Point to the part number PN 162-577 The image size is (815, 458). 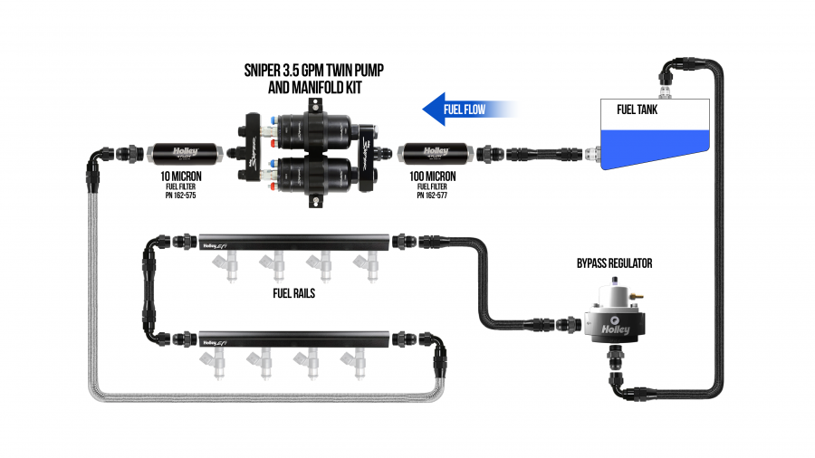[432, 196]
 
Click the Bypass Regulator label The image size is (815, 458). [614, 264]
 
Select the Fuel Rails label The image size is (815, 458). [293, 294]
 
